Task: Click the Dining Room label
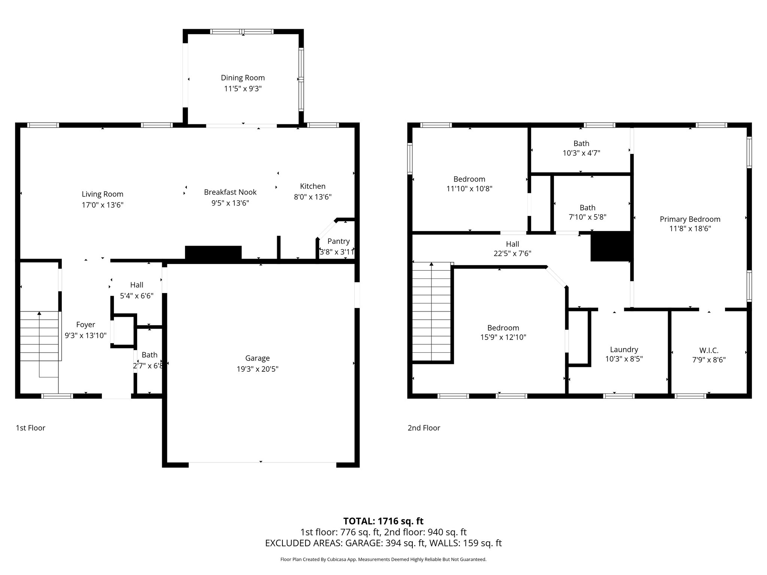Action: point(243,78)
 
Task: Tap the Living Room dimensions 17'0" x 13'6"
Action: point(102,205)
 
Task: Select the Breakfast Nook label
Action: point(230,192)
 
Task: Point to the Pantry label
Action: point(338,241)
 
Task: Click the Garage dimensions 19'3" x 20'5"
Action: point(257,369)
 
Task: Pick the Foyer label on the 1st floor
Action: point(85,325)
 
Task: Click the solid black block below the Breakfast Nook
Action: point(213,252)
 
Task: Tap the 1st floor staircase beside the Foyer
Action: point(39,336)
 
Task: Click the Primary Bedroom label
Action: point(690,219)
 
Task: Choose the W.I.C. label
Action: point(709,350)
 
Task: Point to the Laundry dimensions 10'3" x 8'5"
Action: point(624,359)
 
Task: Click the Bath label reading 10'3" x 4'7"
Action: point(581,143)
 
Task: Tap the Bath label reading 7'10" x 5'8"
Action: point(587,208)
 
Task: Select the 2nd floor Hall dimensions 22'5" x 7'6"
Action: point(512,253)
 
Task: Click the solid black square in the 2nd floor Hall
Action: point(610,246)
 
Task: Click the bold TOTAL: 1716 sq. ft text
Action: point(383,521)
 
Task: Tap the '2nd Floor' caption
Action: point(424,428)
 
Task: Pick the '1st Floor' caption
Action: point(30,428)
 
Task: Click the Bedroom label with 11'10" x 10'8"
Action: point(469,179)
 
